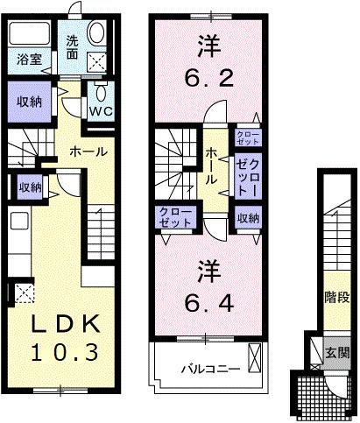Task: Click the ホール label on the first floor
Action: [x=88, y=151]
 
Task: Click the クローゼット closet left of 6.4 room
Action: [x=173, y=218]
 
